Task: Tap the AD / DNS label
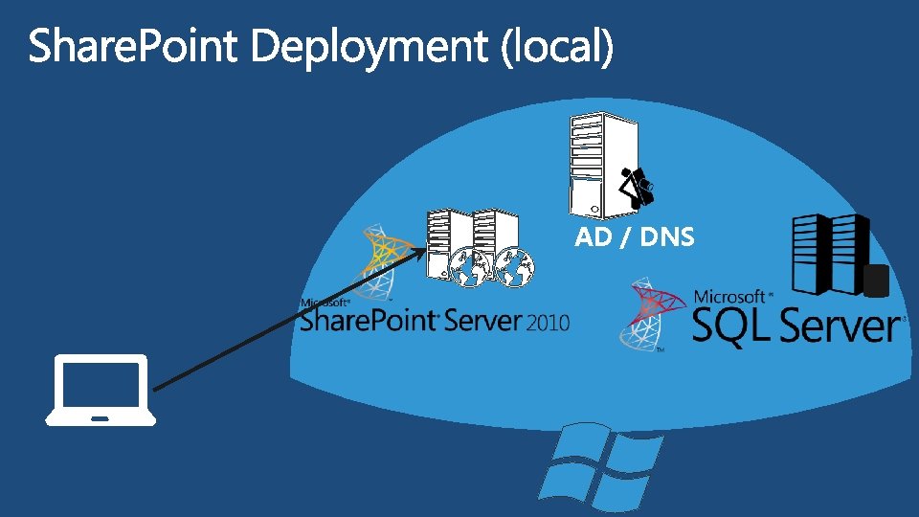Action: (x=634, y=237)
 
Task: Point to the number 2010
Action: (x=547, y=324)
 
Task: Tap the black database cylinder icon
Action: (x=876, y=281)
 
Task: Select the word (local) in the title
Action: (x=556, y=48)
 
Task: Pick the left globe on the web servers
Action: (x=470, y=268)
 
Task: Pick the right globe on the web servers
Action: (x=512, y=268)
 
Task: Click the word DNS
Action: (x=667, y=237)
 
